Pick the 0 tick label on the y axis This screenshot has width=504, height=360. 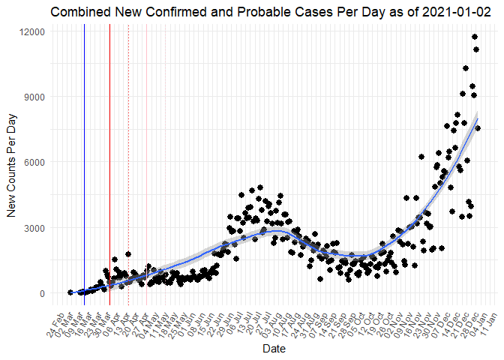click(x=43, y=293)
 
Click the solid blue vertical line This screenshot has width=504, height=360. click(x=84, y=150)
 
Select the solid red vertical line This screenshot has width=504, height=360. click(x=109, y=150)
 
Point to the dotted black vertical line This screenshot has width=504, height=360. click(x=128, y=150)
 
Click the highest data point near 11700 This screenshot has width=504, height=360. click(x=475, y=37)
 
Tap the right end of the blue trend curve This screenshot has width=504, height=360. click(x=478, y=118)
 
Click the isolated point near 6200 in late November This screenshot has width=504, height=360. click(x=421, y=157)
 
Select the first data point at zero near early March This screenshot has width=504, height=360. click(x=70, y=292)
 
